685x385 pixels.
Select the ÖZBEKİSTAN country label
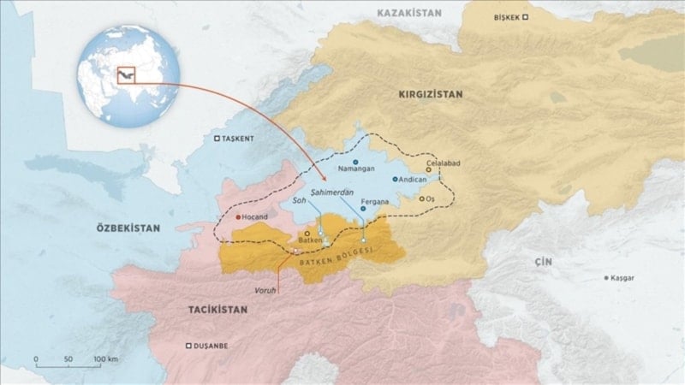[128, 228]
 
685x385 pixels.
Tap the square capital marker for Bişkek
[527, 17]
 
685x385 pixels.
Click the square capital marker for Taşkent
[217, 138]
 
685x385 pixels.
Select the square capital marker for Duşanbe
[188, 346]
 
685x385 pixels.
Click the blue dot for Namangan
[355, 161]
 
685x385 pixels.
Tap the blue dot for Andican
[395, 180]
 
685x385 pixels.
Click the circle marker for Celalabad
[427, 169]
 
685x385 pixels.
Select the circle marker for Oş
[421, 198]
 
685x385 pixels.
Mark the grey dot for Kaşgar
[608, 278]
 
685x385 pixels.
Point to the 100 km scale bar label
[104, 358]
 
